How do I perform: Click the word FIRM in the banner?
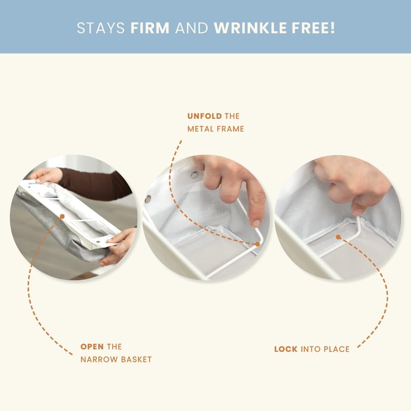[x=150, y=28]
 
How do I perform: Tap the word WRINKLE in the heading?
[x=250, y=28]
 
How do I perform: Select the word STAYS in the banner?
[x=101, y=28]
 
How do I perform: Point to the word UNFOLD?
[x=205, y=116]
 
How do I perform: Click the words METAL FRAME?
[x=216, y=129]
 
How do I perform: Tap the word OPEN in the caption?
[x=92, y=347]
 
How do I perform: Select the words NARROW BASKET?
[x=116, y=359]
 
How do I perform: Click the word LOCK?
[x=286, y=349]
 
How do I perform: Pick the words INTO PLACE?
[x=325, y=349]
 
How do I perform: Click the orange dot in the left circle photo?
[x=62, y=217]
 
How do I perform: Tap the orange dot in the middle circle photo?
[x=257, y=244]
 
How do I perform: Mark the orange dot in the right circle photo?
[x=338, y=237]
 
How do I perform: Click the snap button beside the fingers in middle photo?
[x=194, y=175]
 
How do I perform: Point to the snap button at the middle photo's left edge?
[x=148, y=199]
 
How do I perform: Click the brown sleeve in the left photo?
[x=95, y=183]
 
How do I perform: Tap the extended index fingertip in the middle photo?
[x=256, y=223]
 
